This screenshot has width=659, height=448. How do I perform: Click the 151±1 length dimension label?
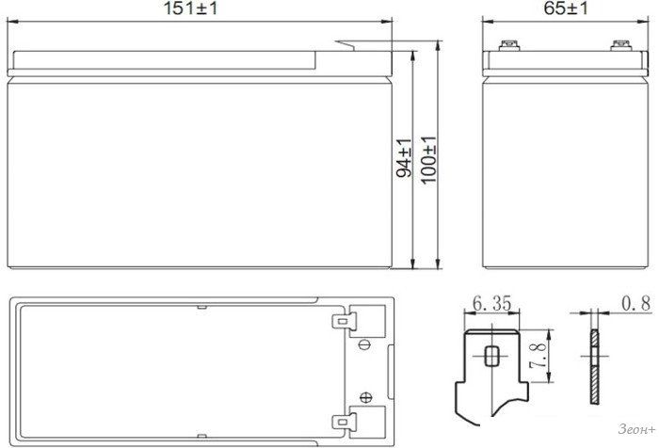[190, 8]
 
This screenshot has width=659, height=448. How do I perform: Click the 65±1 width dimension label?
[566, 8]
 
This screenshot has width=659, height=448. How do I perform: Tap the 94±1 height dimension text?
[404, 157]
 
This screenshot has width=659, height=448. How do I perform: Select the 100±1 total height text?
[429, 160]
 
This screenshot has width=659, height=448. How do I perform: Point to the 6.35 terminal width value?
[492, 303]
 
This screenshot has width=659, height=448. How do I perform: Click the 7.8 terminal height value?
[538, 356]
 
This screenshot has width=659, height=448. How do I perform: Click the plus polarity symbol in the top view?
[366, 397]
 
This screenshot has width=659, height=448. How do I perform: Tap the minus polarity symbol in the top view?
[364, 345]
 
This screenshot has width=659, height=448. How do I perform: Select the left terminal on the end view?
[509, 45]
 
